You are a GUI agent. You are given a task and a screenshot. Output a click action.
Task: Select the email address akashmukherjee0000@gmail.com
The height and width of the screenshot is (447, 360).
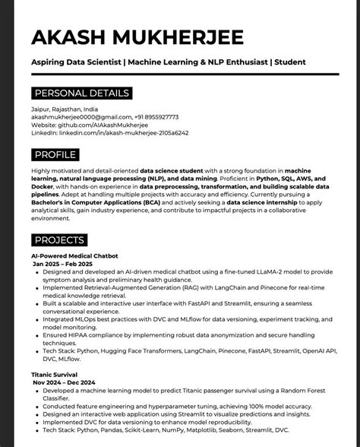coord(75,117)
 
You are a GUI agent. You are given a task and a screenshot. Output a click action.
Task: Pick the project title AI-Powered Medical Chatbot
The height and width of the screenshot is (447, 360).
coord(74,256)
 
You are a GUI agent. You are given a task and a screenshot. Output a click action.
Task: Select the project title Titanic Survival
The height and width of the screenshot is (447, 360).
coord(55,376)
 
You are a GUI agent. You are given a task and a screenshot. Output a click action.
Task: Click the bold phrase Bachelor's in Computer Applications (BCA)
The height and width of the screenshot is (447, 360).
coord(95,203)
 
